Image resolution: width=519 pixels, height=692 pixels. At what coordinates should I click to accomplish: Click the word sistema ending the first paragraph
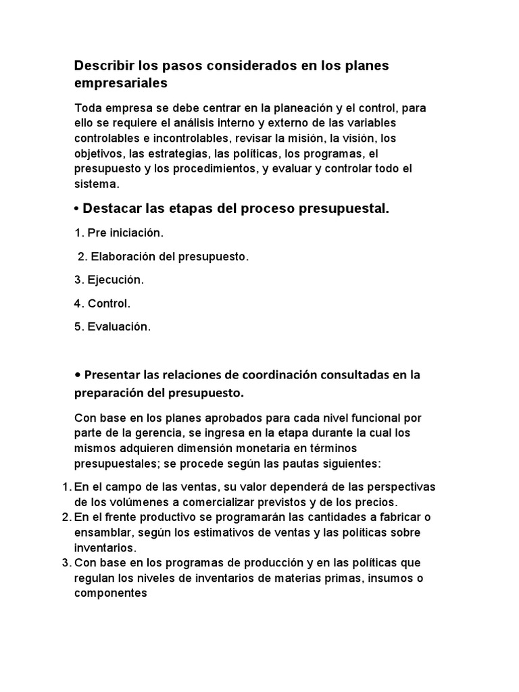click(97, 183)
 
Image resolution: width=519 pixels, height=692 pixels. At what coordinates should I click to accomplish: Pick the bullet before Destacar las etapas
click(77, 209)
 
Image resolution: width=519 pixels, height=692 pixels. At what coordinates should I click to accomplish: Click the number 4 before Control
click(78, 303)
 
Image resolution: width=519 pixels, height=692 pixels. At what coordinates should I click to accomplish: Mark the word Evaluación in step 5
click(120, 327)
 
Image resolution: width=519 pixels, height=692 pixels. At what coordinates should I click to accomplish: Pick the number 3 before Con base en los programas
click(66, 562)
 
